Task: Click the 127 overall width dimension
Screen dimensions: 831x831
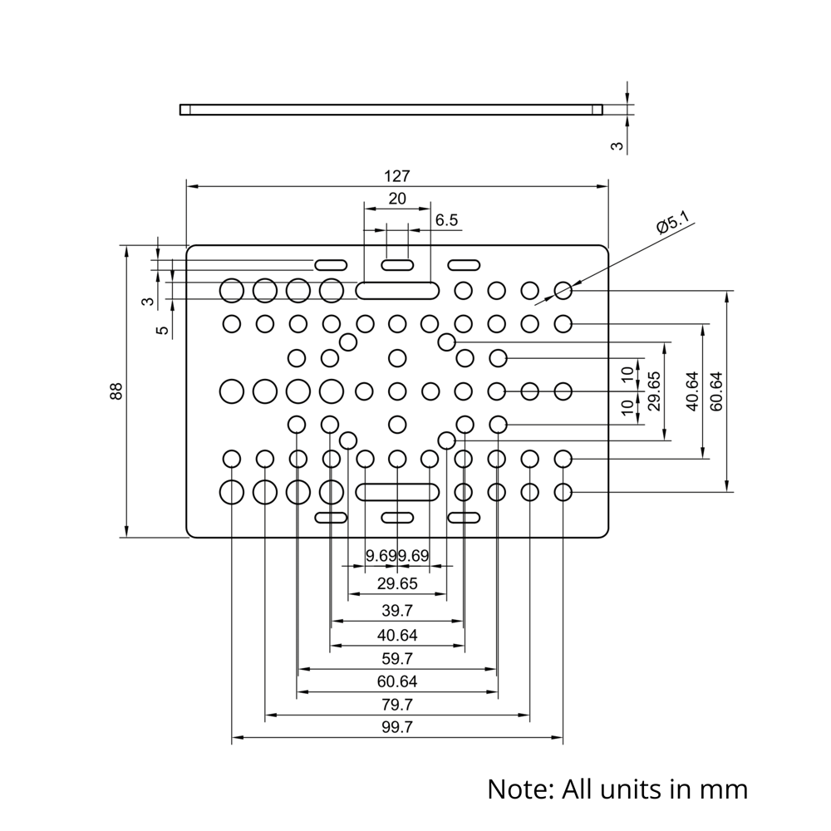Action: coord(397,176)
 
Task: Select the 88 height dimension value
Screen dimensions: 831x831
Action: coord(117,391)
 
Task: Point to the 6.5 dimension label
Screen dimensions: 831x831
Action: coord(446,220)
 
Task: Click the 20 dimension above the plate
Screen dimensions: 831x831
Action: coord(397,199)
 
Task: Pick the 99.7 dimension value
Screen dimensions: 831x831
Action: coord(397,727)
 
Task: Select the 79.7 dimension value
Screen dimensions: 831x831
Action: coord(397,705)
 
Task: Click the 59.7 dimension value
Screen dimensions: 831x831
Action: coord(397,659)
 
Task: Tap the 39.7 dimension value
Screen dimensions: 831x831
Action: coord(397,611)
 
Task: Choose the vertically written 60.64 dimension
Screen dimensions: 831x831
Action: coord(716,391)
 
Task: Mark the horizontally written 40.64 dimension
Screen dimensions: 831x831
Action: coord(397,636)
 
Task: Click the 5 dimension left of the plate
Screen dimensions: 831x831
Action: coord(164,330)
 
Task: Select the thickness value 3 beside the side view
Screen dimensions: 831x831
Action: coord(617,146)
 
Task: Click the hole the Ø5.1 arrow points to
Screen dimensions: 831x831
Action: coord(563,290)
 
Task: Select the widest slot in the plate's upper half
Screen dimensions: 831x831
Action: coord(398,290)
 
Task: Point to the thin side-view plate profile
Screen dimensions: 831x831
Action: coord(391,109)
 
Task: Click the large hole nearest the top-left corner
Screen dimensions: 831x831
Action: coord(232,290)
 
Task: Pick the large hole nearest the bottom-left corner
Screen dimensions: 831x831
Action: coord(232,492)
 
